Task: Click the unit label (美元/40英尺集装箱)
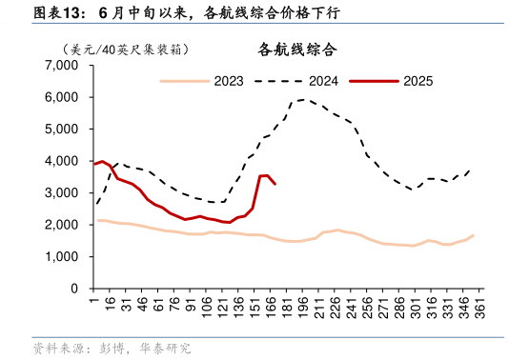123,49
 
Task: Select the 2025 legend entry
417,81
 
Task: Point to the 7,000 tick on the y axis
61,66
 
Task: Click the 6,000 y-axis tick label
61,97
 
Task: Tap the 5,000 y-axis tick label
61,129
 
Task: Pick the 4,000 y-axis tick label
61,161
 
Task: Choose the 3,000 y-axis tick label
61,192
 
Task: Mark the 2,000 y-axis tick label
61,225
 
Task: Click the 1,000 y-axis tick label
61,256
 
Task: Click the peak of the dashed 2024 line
304,99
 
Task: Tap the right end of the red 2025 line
275,184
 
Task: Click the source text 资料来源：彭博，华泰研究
112,349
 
